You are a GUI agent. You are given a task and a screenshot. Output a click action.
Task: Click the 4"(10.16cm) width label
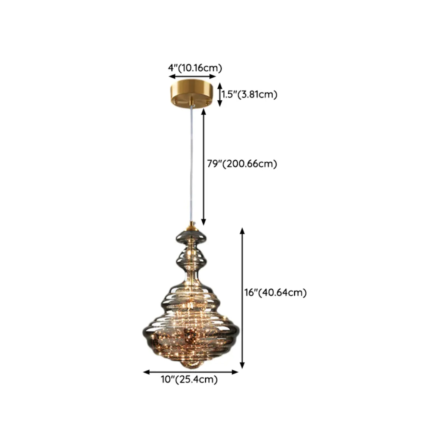195,68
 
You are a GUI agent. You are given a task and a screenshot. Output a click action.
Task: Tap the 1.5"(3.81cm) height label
249,94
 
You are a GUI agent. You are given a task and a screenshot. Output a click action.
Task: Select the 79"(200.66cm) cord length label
242,164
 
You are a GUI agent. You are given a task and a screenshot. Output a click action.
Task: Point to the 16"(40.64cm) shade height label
276,293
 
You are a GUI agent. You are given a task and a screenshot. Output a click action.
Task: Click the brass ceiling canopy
192,93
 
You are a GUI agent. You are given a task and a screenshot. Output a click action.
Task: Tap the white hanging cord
191,165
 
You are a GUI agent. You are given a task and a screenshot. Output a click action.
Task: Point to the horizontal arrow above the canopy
193,77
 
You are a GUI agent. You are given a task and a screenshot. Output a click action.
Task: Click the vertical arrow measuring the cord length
204,167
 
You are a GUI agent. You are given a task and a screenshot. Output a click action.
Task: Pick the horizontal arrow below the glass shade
191,372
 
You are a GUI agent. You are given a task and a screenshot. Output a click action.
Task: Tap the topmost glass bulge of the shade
191,237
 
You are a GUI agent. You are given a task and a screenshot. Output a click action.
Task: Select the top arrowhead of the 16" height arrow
242,231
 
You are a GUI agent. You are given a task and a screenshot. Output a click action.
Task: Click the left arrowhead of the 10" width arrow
146,372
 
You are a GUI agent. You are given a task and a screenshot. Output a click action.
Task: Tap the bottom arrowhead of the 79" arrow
204,223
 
